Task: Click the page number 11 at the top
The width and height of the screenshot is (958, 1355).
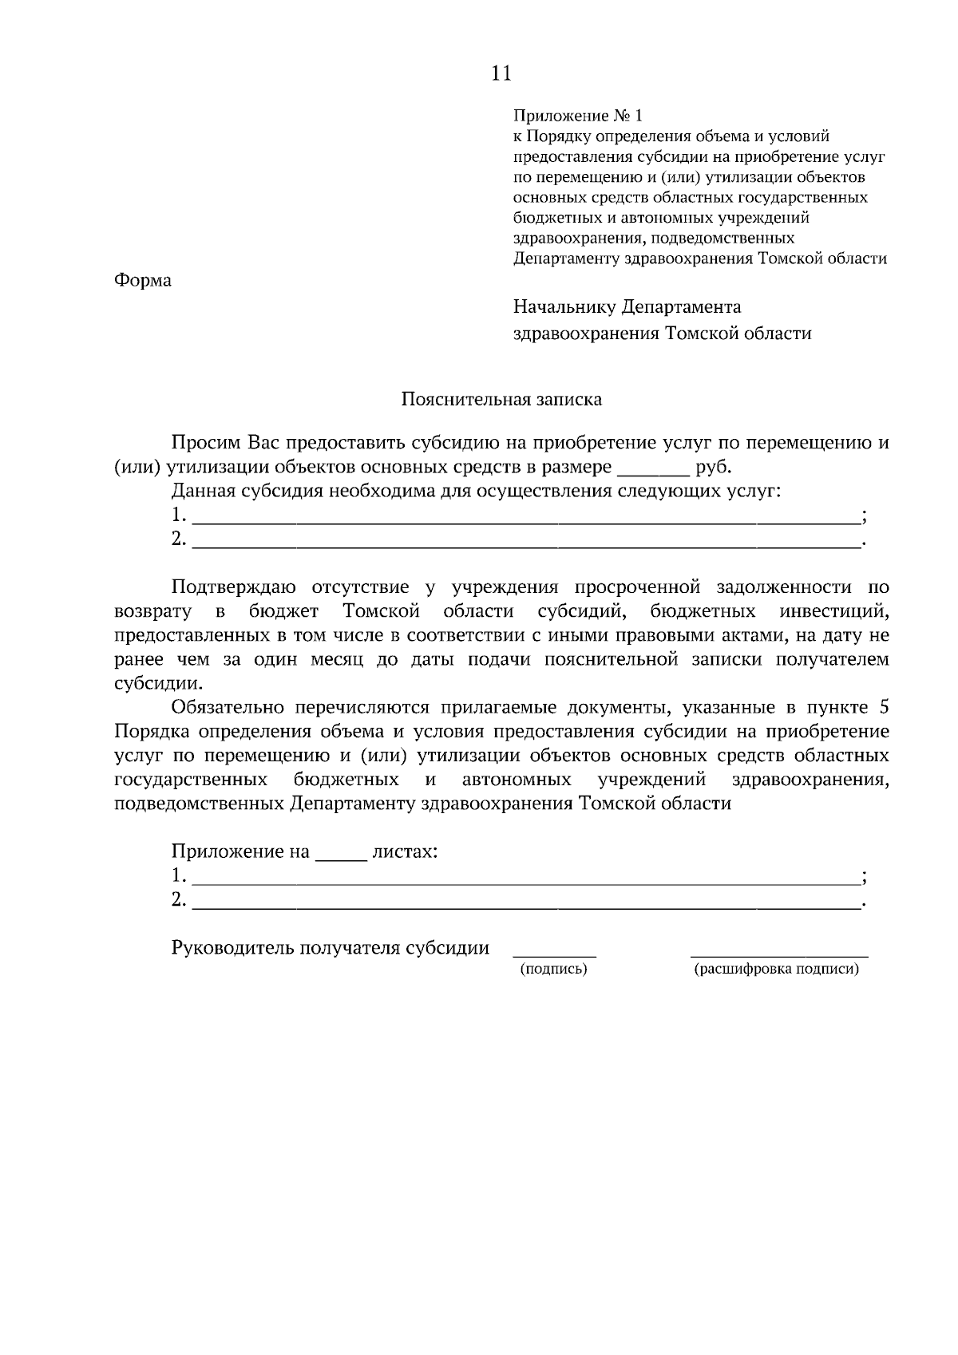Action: point(501,73)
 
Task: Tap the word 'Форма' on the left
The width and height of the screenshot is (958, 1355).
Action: point(143,281)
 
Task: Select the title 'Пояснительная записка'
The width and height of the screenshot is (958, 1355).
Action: point(501,399)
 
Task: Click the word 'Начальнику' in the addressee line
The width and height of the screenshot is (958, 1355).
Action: point(564,306)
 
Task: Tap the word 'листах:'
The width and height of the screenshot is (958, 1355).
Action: point(405,851)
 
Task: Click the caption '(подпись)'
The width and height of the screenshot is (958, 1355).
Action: point(553,970)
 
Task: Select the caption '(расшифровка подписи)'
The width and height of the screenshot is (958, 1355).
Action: point(777,970)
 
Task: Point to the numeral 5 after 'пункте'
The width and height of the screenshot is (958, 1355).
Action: point(882,708)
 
